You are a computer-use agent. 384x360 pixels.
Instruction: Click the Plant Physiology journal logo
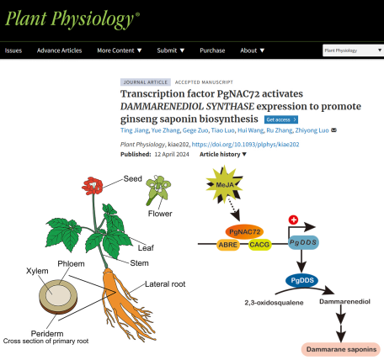pos(72,19)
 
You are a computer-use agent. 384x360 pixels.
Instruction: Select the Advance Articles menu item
pos(59,50)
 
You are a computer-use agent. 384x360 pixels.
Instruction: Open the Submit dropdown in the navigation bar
pos(170,50)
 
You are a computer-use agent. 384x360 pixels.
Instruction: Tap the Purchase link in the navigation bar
pos(212,50)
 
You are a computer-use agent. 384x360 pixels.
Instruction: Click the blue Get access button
pos(281,119)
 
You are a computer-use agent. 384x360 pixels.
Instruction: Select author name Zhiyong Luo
pos(312,130)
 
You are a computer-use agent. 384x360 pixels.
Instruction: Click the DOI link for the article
pos(245,145)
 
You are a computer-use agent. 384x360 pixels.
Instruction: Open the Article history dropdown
pos(223,154)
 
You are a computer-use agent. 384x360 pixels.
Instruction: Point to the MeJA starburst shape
pos(225,184)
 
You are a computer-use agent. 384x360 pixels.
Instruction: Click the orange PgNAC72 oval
pos(244,232)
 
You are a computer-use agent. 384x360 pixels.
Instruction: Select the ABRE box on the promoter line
pos(228,245)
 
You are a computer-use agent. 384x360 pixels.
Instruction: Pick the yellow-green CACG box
pos(259,245)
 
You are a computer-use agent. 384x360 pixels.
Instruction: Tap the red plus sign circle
pos(293,220)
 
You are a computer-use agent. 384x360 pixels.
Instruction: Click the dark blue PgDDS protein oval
pos(302,280)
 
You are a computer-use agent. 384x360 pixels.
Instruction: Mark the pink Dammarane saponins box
pos(341,349)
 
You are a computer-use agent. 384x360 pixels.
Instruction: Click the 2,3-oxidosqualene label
pos(274,303)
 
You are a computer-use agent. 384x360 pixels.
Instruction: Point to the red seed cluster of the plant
pos(93,186)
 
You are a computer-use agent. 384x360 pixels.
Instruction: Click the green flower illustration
pos(158,190)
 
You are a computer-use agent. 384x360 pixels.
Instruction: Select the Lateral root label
pos(165,284)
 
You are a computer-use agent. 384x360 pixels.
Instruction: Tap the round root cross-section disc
pos(58,297)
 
